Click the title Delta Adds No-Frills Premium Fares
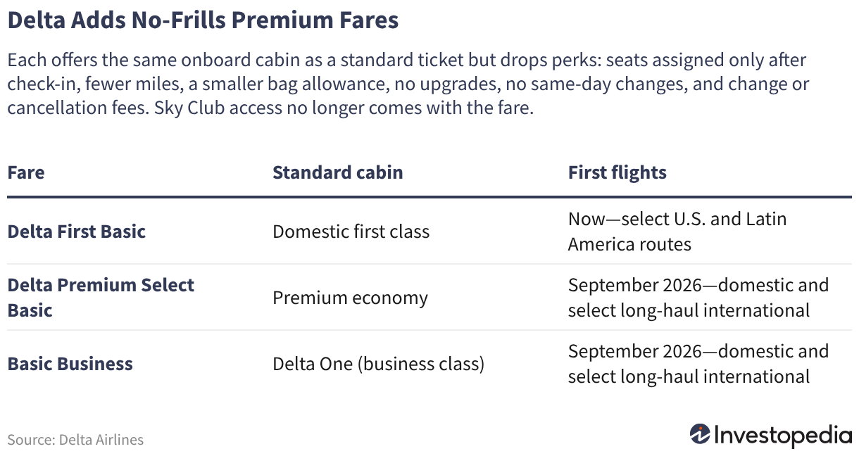click(203, 20)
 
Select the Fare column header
click(26, 172)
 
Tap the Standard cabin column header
click(338, 172)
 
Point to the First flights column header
click(617, 173)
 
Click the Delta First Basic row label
click(77, 232)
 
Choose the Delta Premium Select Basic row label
click(101, 298)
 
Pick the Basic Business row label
click(70, 364)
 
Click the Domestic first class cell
click(351, 232)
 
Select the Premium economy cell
click(350, 298)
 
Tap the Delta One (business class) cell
click(379, 364)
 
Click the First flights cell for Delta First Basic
click(677, 232)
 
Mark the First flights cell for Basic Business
click(698, 364)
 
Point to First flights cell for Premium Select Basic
click(698, 298)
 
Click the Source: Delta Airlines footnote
click(75, 440)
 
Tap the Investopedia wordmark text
click(783, 436)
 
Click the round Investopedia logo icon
click(699, 435)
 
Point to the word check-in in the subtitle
click(44, 84)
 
